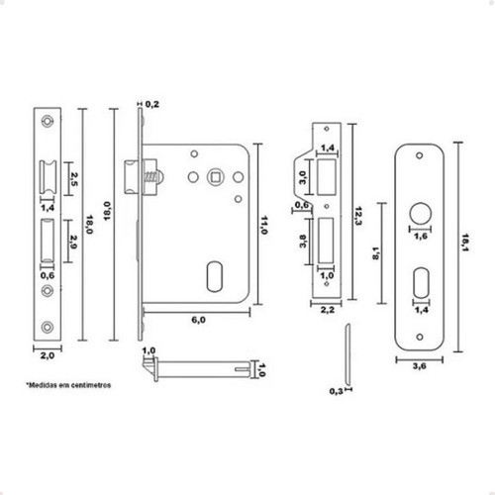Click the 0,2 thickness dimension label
coord(152,104)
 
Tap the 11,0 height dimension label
coord(263,226)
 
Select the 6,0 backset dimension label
coord(199,320)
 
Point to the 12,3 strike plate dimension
coord(357,216)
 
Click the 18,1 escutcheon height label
coord(465,243)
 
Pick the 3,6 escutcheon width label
coord(419,365)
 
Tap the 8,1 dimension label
coord(376,253)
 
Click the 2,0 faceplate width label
coord(48,355)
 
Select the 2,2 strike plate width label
coord(328,310)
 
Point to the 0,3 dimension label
coord(336,392)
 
